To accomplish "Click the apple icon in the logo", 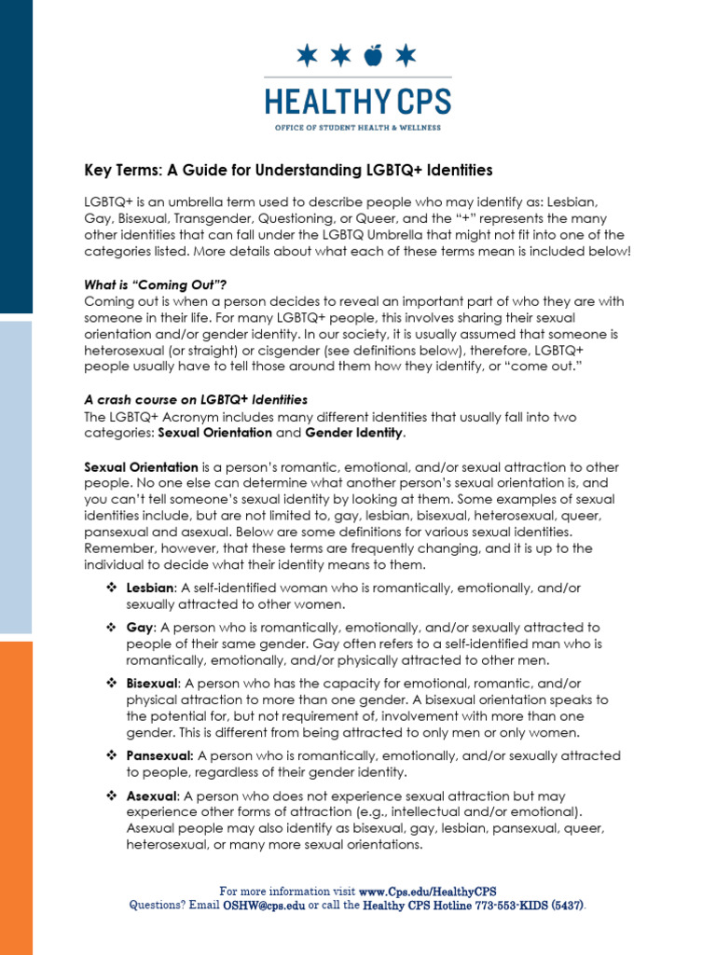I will (x=373, y=57).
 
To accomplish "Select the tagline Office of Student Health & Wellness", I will (x=358, y=127).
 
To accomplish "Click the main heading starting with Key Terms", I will (x=288, y=170).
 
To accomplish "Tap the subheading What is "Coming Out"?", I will (x=156, y=285).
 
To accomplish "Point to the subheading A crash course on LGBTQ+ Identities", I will (x=196, y=399).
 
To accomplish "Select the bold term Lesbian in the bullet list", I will (x=150, y=588).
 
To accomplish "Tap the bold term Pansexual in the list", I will (x=159, y=756).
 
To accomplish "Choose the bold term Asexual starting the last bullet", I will (x=151, y=796).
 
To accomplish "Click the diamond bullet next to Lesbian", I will (x=110, y=588).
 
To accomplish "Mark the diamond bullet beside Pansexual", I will (x=110, y=756).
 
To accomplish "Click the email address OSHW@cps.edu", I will (x=263, y=905).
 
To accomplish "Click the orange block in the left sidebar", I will (x=16, y=797).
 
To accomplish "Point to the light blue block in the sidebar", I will (x=16, y=477).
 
